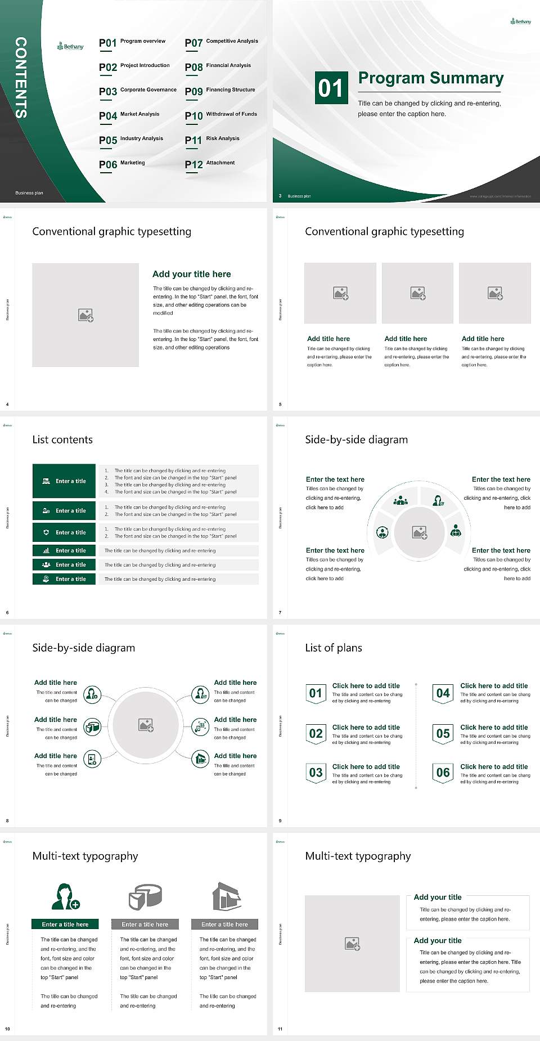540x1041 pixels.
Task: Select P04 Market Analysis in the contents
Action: point(129,115)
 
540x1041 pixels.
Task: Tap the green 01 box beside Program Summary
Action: point(330,88)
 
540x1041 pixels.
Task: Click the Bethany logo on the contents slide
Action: point(70,47)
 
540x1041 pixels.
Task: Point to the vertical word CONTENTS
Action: point(21,78)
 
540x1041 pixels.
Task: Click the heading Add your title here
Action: point(191,274)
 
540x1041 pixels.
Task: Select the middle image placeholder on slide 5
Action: point(417,293)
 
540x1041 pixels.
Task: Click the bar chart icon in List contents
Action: point(46,551)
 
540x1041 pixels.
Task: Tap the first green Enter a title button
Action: point(64,481)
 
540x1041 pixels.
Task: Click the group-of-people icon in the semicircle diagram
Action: point(400,500)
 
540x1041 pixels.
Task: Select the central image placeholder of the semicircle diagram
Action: point(419,532)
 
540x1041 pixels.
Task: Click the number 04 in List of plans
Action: point(443,693)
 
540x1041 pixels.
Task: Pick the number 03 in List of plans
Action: point(316,773)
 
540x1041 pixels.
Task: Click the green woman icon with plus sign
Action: point(65,897)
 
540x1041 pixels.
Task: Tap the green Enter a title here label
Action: point(65,925)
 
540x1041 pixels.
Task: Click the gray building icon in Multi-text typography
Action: point(227,896)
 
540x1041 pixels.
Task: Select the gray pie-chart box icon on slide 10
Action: point(145,897)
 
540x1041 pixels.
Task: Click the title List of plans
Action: point(334,648)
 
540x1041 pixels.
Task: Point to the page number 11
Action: point(280,1029)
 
